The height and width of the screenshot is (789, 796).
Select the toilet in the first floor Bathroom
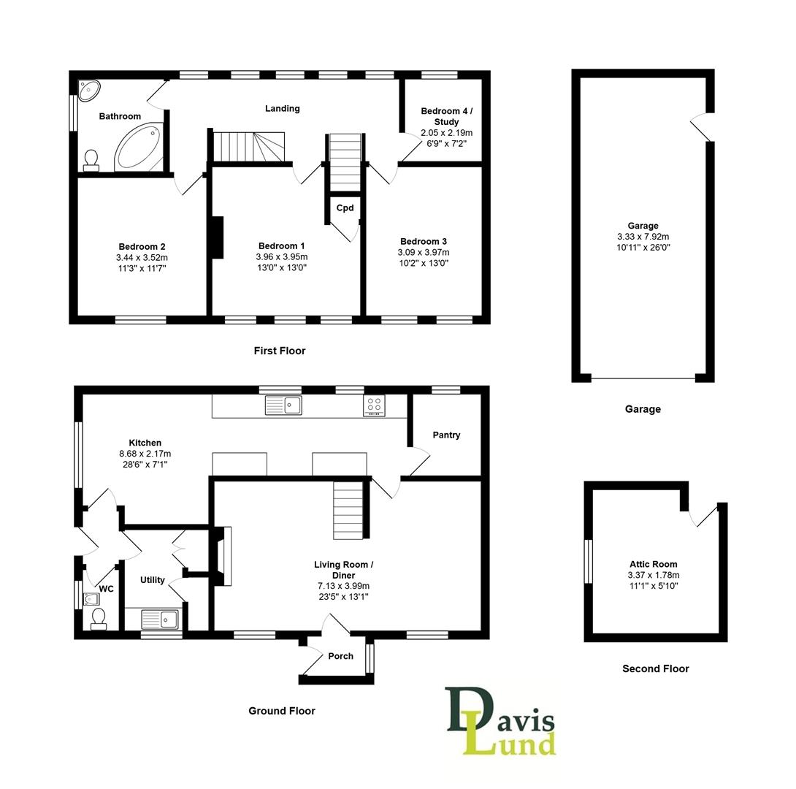point(91,160)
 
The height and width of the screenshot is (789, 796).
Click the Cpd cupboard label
point(345,208)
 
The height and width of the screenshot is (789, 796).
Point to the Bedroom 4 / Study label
point(446,116)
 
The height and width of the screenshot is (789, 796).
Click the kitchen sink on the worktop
point(283,405)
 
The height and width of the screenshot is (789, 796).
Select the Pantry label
point(446,435)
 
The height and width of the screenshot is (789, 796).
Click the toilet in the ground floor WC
point(98,620)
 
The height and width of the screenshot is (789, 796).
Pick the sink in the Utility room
point(161,619)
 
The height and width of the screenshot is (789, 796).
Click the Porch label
point(340,656)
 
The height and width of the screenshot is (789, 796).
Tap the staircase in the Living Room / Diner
point(348,510)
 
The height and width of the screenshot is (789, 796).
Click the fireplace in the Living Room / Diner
point(222,556)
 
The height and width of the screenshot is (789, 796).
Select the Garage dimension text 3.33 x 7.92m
point(643,237)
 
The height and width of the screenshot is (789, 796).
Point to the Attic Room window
point(589,561)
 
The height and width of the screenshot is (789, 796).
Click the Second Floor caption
point(655,668)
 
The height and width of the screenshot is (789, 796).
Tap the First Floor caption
point(280,351)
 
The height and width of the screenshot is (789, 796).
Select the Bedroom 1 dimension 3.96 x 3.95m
point(282,257)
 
